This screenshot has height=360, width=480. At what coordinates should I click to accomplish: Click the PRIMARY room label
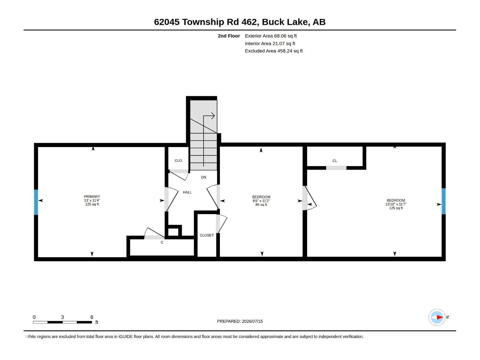[x=92, y=196]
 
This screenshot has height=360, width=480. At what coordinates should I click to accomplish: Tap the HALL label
[x=187, y=192]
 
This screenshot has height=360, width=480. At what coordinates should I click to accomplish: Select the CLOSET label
[x=207, y=235]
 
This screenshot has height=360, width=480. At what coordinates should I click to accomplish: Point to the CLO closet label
[x=178, y=161]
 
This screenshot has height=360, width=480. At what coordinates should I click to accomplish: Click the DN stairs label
[x=203, y=177]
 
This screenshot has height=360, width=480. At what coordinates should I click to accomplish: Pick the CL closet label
[x=334, y=161]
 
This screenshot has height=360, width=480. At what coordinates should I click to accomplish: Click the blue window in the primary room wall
[x=36, y=202]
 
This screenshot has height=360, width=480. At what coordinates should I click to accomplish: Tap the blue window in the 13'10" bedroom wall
[x=443, y=201]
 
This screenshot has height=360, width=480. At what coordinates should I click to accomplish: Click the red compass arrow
[x=440, y=317]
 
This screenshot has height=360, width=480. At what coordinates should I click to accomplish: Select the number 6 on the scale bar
[x=92, y=317]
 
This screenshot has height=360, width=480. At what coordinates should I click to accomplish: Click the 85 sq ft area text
[x=261, y=205]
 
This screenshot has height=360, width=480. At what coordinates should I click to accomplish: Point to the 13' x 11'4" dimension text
[x=92, y=200]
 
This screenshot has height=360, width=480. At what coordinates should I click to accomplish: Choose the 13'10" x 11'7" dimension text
[x=396, y=204]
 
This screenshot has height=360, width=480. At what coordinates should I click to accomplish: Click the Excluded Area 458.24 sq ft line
[x=274, y=51]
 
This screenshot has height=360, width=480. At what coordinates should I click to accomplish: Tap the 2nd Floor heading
[x=229, y=36]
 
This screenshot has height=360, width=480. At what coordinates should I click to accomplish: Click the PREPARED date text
[x=240, y=321]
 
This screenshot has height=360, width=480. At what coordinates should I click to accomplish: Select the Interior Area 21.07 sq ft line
[x=270, y=43]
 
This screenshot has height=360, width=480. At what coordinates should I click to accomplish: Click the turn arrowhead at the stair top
[x=213, y=116]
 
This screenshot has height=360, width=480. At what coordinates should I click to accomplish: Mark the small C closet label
[x=162, y=242]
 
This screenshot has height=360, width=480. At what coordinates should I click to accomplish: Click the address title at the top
[x=240, y=22]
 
